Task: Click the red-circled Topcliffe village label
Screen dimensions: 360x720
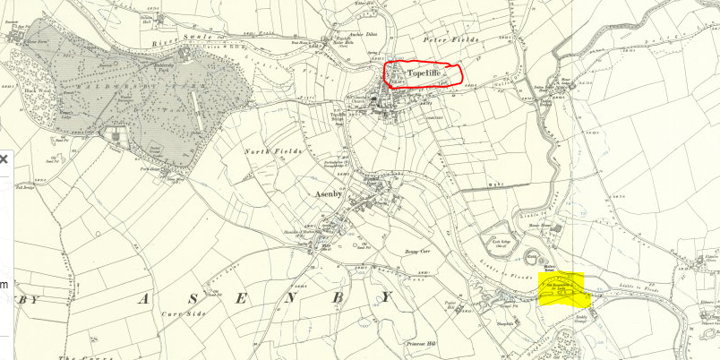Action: tap(423, 73)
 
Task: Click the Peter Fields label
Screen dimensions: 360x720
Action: tap(458, 41)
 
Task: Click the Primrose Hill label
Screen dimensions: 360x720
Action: tap(418, 343)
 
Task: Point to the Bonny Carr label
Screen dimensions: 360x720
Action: tap(418, 253)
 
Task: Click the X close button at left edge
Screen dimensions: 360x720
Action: tap(3, 159)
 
